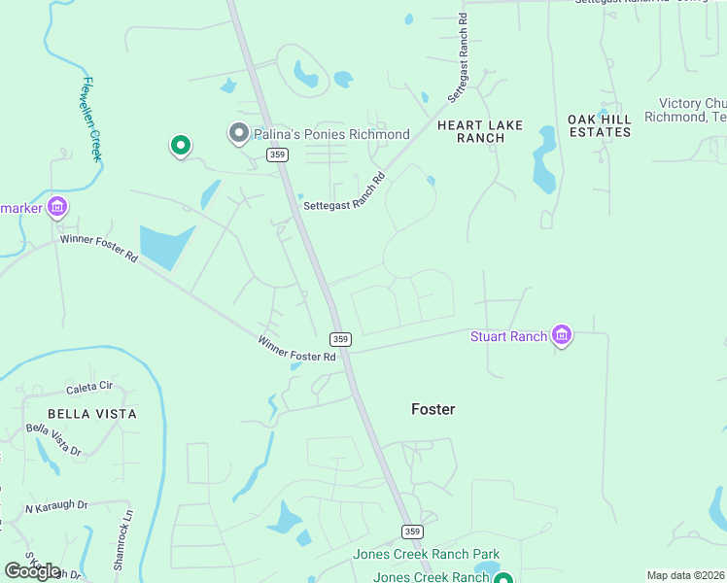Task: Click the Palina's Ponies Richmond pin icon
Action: point(238,133)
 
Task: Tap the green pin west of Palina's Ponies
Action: point(180,146)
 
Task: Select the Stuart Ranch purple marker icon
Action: point(561,336)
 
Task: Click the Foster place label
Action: point(433,409)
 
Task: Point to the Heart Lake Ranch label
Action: point(479,131)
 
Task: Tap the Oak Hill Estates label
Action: point(600,125)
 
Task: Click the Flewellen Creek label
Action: point(93,119)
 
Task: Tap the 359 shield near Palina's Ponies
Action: point(278,155)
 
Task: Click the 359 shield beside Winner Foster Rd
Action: point(339,339)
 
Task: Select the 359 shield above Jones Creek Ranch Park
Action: point(412,532)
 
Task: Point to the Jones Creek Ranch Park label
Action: point(427,555)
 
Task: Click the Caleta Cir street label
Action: point(90,386)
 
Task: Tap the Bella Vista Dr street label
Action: point(53,439)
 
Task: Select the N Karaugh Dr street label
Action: point(56,506)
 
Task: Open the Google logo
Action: point(32,571)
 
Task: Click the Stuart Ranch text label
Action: point(509,337)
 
